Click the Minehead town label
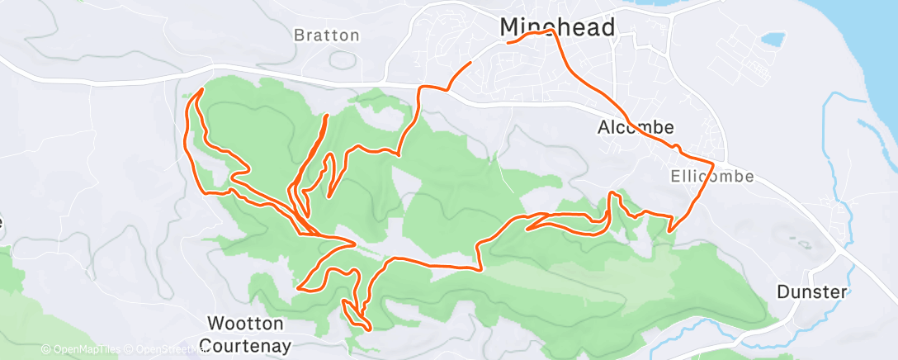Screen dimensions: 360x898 point(558,27)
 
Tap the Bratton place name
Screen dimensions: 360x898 point(327,36)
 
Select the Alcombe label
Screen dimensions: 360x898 point(636,127)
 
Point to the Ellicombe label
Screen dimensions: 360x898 point(701,176)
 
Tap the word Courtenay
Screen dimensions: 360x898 point(247,344)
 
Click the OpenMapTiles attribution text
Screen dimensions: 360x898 point(83,349)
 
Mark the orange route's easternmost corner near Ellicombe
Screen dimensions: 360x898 point(712,159)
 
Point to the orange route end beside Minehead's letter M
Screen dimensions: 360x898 point(507,41)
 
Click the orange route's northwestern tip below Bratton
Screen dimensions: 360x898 point(201,89)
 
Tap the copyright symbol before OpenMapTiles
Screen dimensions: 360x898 point(45,349)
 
